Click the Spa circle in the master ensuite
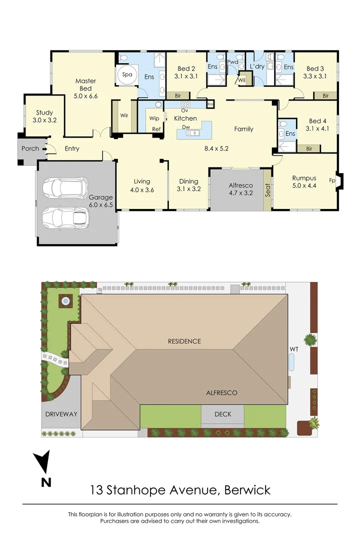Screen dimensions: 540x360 127,74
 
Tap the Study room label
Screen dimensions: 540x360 43,113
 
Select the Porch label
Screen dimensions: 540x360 30,148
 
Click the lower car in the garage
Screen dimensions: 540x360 65,217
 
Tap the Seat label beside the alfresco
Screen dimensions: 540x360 268,190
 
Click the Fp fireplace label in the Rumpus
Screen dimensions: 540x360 332,180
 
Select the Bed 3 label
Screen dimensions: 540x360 315,69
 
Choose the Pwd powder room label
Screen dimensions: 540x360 232,62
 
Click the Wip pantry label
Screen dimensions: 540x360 154,118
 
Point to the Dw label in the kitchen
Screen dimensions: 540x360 185,127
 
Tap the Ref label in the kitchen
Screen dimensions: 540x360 156,129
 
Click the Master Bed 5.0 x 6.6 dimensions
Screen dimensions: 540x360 85,96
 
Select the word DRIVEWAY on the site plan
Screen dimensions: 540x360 61,414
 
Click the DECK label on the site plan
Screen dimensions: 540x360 222,414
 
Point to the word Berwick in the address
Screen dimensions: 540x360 247,489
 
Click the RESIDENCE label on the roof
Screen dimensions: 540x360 184,341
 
